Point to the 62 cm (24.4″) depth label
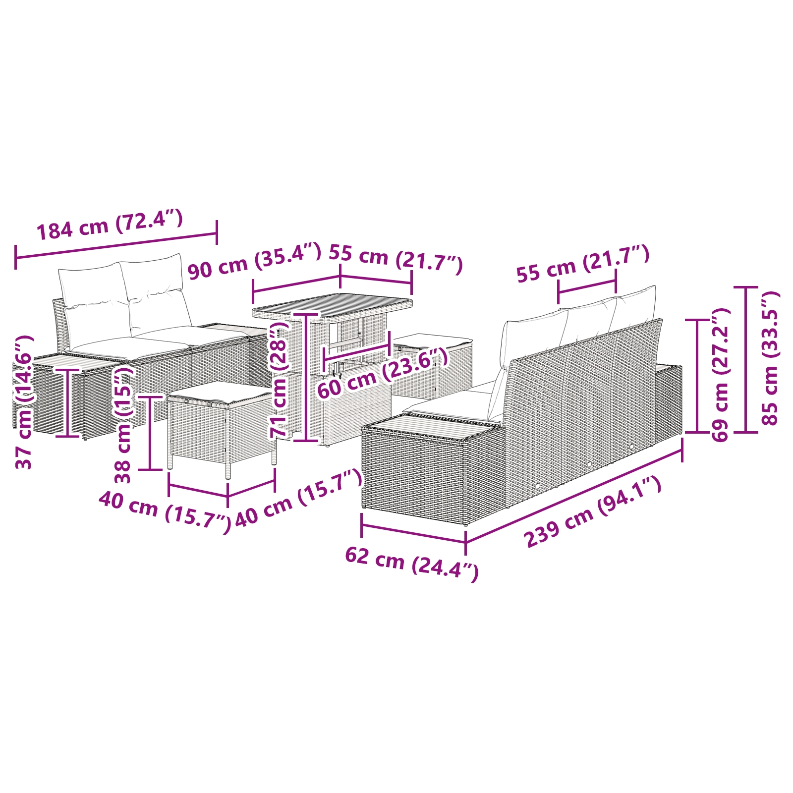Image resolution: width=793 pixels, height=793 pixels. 411,563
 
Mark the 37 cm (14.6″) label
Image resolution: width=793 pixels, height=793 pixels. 24,401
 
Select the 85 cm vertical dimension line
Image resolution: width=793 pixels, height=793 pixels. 746,359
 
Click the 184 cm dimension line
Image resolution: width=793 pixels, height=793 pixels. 116,245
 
